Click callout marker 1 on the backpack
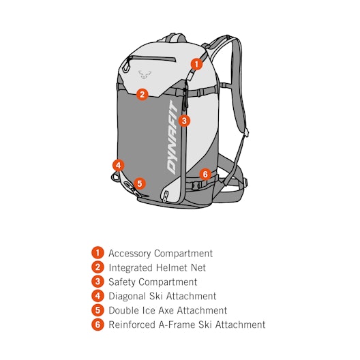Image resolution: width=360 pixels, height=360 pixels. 196,64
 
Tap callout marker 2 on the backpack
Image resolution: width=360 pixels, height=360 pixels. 142,94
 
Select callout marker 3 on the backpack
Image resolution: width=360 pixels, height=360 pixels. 184,121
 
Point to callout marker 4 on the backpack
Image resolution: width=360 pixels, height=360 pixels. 119,165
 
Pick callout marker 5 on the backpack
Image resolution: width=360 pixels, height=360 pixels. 140,183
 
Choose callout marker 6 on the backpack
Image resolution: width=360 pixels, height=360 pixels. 205,175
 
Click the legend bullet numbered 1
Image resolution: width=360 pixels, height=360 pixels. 97,253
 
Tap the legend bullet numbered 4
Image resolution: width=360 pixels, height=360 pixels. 97,296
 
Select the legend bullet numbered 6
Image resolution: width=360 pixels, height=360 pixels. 97,324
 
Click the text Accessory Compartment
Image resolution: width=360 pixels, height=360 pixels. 160,254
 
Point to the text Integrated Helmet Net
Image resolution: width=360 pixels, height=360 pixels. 157,268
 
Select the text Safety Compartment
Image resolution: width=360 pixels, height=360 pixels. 153,282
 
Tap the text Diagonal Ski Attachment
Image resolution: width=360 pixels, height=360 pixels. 162,296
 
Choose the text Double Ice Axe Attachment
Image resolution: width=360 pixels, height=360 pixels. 168,310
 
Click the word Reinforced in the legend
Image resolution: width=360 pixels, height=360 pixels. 132,325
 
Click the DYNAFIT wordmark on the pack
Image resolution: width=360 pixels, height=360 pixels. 172,137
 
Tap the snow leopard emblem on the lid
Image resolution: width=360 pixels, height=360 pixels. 145,74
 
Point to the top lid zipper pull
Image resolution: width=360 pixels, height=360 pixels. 126,65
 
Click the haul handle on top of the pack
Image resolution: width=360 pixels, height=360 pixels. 174,37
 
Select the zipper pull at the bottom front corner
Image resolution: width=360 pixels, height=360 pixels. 165,196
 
